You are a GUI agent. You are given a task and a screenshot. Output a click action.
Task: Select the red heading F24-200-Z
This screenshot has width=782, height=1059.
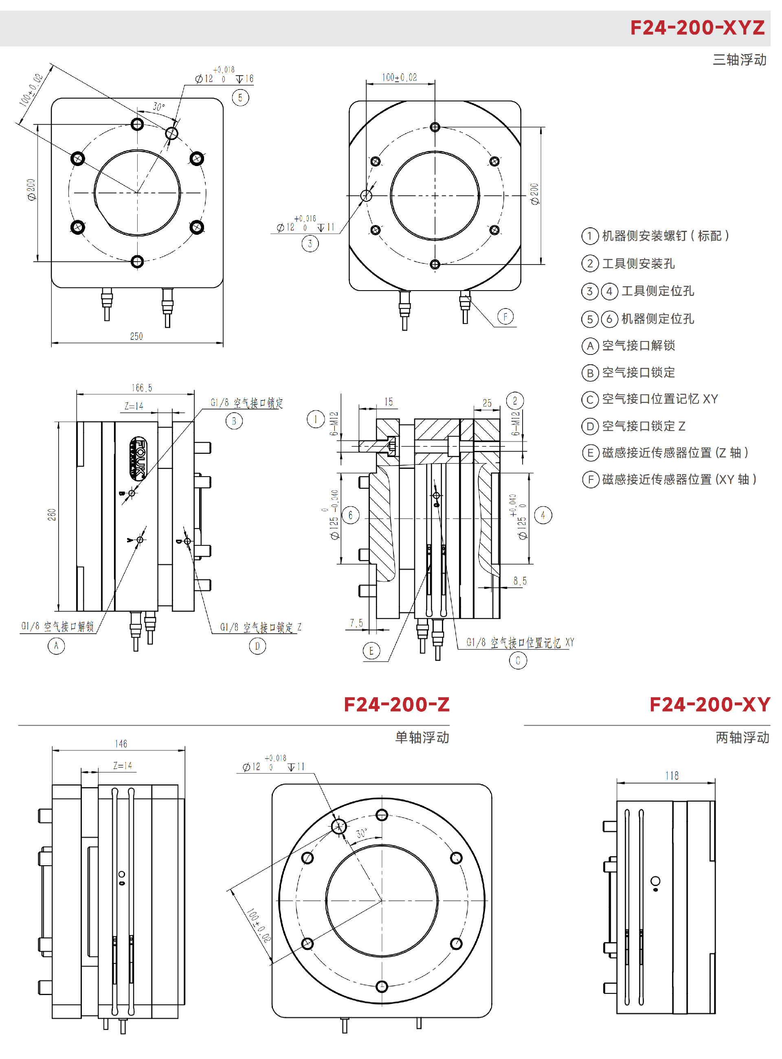(x=396, y=705)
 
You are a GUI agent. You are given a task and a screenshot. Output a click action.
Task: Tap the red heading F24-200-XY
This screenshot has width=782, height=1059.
(x=709, y=705)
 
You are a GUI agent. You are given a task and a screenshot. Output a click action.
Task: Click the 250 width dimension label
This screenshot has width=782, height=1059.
(x=136, y=336)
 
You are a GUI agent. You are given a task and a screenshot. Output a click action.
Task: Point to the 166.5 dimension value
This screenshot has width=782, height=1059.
(x=142, y=388)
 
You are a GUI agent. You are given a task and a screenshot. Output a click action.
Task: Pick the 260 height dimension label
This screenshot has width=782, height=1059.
(x=52, y=514)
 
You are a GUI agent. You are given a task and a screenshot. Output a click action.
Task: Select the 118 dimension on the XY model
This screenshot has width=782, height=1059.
(x=672, y=776)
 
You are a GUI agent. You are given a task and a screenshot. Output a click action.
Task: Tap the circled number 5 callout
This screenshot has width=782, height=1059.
(x=240, y=98)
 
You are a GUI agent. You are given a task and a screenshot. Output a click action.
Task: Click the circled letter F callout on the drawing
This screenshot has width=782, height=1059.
(x=505, y=316)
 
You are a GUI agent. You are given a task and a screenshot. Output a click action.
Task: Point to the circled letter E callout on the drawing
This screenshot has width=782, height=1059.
(x=371, y=651)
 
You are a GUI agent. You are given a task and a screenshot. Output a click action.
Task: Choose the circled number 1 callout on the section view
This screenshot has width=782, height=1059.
(x=316, y=419)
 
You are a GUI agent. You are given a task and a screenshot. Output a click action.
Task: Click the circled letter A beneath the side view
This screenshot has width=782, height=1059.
(x=56, y=645)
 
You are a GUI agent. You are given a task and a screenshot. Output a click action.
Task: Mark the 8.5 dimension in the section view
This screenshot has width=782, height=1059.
(x=520, y=581)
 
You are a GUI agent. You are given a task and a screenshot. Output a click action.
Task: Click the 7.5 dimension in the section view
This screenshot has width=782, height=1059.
(x=356, y=623)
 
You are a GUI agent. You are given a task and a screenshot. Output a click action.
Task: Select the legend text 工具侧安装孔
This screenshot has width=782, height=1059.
(x=638, y=263)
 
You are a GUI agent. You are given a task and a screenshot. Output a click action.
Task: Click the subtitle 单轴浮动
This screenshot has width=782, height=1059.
(x=422, y=737)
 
